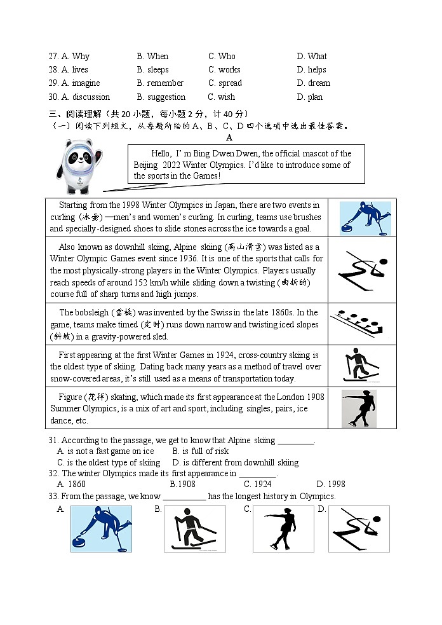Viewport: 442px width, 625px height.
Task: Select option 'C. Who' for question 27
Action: [222, 56]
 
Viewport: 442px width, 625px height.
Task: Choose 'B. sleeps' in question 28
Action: [152, 69]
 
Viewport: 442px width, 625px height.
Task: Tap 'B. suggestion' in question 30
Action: [161, 97]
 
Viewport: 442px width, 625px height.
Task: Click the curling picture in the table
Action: [365, 218]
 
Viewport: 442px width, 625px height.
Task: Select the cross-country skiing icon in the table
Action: [359, 366]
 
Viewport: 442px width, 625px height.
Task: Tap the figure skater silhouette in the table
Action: [359, 408]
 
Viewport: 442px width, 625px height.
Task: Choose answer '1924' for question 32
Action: [257, 484]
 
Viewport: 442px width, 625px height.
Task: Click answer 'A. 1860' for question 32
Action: [71, 484]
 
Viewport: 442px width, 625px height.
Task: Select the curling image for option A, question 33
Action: [101, 528]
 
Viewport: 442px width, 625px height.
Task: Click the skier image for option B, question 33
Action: [195, 529]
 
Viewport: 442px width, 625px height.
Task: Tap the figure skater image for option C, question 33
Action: [283, 529]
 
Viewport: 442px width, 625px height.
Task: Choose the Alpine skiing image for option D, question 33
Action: [359, 529]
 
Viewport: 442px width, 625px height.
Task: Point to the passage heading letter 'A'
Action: [229, 137]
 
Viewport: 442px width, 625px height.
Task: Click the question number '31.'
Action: [53, 440]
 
